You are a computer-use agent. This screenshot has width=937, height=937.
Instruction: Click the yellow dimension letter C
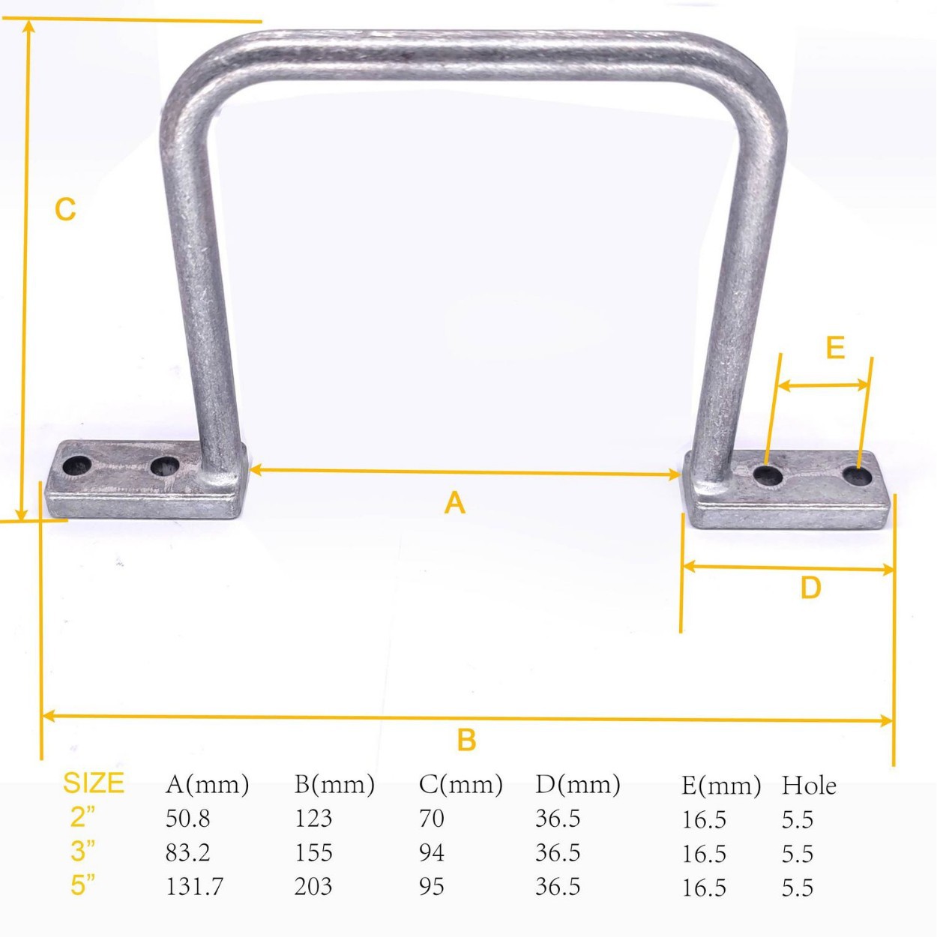tap(65, 209)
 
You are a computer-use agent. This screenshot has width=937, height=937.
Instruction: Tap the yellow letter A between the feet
tap(454, 503)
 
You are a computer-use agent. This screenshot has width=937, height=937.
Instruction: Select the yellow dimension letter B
tap(466, 740)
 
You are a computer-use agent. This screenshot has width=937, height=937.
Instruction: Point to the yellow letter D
tap(810, 588)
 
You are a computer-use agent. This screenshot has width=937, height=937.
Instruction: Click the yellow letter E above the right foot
tap(834, 348)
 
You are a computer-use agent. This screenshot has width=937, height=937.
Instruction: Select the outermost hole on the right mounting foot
tap(857, 476)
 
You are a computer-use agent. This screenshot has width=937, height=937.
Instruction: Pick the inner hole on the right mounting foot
tap(768, 474)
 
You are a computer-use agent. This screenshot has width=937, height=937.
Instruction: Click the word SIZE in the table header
tap(93, 783)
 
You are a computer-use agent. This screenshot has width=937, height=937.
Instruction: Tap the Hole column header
tap(809, 786)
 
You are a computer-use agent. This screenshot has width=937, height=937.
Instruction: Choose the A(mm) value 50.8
tap(187, 819)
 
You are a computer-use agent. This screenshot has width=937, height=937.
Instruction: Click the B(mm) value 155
tap(313, 853)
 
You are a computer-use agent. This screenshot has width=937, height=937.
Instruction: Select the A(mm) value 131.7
tap(194, 887)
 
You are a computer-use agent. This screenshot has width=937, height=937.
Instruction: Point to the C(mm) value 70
tap(431, 819)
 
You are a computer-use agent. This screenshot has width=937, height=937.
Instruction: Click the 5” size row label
tap(82, 885)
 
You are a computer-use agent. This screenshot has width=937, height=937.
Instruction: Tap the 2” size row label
tap(82, 817)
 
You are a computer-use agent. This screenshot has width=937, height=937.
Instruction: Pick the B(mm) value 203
tap(313, 887)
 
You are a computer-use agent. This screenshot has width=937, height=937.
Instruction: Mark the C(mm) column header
tap(460, 785)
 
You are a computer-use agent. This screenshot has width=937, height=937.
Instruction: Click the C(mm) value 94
tap(431, 853)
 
